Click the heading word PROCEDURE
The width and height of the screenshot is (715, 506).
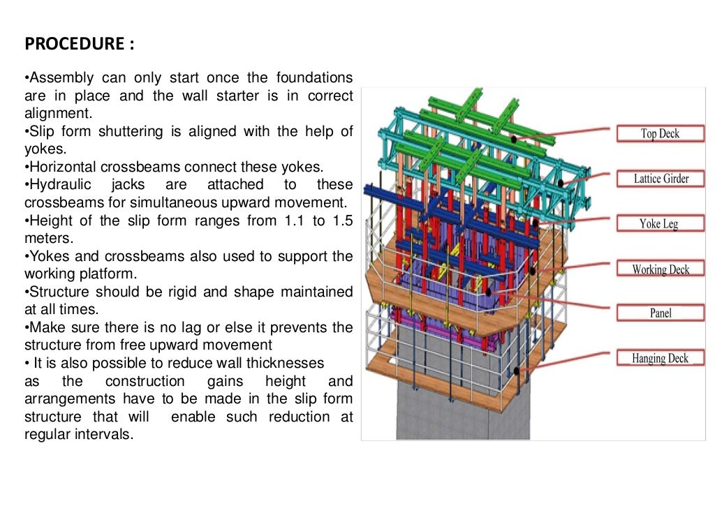pyautogui.click(x=74, y=45)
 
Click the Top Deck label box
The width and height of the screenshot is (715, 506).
pyautogui.click(x=660, y=134)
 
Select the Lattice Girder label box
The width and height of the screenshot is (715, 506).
pyautogui.click(x=661, y=179)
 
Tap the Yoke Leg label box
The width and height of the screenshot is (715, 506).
pyautogui.click(x=660, y=224)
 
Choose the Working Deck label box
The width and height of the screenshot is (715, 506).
pyautogui.click(x=660, y=269)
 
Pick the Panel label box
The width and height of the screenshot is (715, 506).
pyautogui.click(x=660, y=313)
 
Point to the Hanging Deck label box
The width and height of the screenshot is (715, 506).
pyautogui.click(x=660, y=359)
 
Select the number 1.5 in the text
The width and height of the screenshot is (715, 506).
pyautogui.click(x=338, y=221)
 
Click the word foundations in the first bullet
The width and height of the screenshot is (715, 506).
pyautogui.click(x=314, y=77)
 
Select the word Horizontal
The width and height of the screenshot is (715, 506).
pyautogui.click(x=61, y=168)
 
